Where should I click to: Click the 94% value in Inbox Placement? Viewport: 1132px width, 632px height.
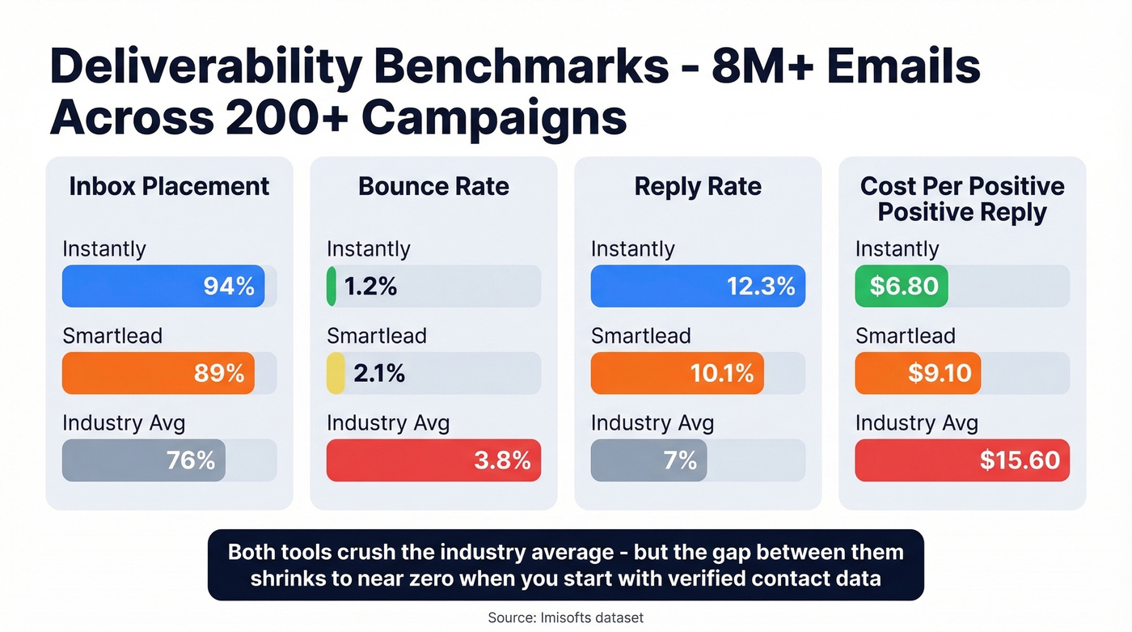coord(229,286)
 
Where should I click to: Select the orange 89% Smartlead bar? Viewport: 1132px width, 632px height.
coord(158,373)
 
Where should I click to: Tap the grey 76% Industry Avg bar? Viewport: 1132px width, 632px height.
coord(144,460)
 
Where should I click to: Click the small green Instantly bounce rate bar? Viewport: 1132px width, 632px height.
coord(332,286)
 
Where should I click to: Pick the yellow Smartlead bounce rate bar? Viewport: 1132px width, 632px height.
coord(336,373)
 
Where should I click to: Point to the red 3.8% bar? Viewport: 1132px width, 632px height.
coord(433,460)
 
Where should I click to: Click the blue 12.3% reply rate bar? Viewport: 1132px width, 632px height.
coord(697,286)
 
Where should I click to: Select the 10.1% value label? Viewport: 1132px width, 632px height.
coord(721,373)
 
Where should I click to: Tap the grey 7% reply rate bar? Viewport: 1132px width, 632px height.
coord(648,460)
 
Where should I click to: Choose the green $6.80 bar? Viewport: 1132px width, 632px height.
coord(902,286)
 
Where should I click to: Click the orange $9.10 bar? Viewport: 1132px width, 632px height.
coord(918,373)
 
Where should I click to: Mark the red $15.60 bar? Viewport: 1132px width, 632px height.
coord(962,460)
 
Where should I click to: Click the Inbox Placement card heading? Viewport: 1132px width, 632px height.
coord(169,186)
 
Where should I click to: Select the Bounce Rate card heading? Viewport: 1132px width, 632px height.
coord(433,186)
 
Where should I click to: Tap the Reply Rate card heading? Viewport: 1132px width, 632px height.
coord(698,186)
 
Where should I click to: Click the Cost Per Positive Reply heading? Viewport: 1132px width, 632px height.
coord(962,199)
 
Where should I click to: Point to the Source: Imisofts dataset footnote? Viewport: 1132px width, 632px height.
coord(565,617)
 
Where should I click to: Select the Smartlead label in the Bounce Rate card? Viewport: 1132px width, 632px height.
coord(376,336)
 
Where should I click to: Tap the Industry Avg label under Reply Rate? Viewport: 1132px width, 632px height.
coord(653,422)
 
